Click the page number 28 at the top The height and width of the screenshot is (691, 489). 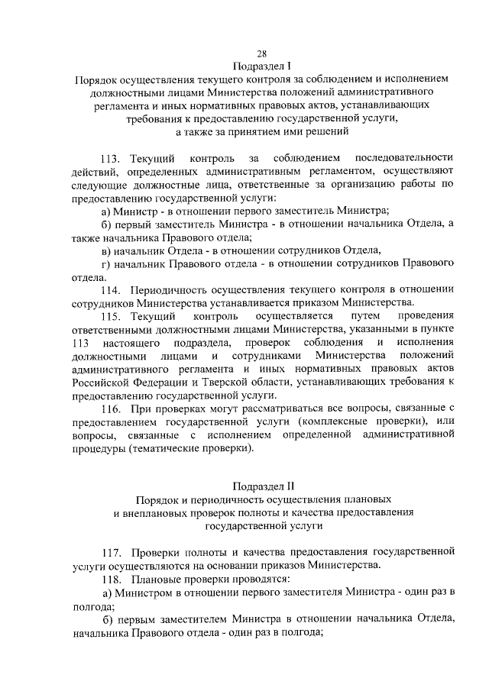pyautogui.click(x=261, y=53)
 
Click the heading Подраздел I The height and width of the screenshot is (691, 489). pyautogui.click(x=261, y=66)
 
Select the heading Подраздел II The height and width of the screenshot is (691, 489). pyautogui.click(x=262, y=485)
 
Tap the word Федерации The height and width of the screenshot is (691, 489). pyautogui.click(x=173, y=382)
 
